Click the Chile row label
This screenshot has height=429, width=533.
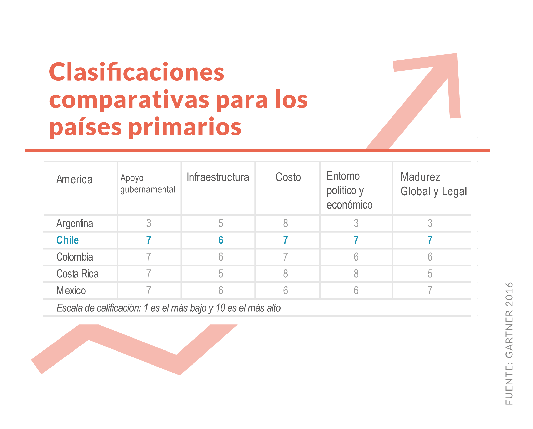click(x=68, y=240)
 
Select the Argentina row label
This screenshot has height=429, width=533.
click(x=75, y=224)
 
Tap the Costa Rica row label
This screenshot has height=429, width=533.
click(x=77, y=274)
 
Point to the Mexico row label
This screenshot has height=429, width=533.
click(x=71, y=290)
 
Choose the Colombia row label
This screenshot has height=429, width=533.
click(x=75, y=257)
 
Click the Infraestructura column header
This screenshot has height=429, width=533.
click(x=218, y=177)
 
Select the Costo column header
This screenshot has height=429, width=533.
click(x=288, y=177)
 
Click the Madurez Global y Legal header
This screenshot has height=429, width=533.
click(x=434, y=184)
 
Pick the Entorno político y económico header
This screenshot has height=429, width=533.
click(x=350, y=190)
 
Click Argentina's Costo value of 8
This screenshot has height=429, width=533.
click(x=285, y=223)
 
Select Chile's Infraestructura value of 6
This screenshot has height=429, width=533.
click(x=221, y=240)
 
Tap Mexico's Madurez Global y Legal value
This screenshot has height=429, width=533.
click(x=430, y=290)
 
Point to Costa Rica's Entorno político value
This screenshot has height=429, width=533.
click(x=356, y=274)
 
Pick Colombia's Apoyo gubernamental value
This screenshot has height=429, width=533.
click(x=149, y=257)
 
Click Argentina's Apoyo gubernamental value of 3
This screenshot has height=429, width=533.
click(x=149, y=223)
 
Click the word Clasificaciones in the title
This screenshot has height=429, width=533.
click(x=137, y=72)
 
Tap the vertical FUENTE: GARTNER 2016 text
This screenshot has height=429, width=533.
click(x=509, y=343)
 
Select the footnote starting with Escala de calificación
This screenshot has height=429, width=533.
click(x=168, y=308)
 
